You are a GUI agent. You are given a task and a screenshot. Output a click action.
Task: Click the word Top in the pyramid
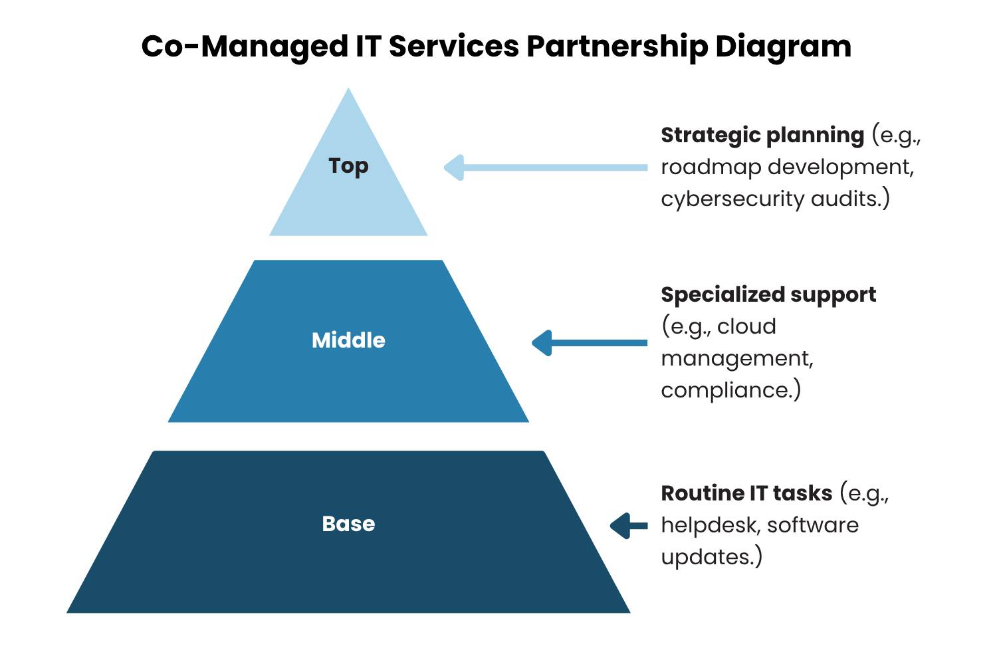(348, 165)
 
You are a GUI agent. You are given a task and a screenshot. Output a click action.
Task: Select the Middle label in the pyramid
(348, 340)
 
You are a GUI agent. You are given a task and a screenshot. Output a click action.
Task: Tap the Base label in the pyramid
(348, 524)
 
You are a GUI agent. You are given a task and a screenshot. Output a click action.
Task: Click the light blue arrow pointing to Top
(545, 167)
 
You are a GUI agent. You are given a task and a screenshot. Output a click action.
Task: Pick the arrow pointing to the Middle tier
(589, 343)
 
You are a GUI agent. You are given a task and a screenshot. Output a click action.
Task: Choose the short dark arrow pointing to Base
(628, 526)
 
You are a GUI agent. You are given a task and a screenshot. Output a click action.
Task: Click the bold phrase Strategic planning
(762, 135)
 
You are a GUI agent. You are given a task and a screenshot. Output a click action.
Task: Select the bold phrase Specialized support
(768, 294)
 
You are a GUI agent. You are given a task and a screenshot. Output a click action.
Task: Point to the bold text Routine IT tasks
(746, 493)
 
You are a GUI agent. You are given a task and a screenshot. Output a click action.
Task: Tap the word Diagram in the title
(783, 47)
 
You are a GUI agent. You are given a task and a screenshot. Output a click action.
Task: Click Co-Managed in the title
(244, 47)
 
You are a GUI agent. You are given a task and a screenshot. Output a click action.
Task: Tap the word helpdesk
(710, 525)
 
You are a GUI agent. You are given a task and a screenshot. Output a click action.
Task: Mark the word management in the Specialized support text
(736, 358)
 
